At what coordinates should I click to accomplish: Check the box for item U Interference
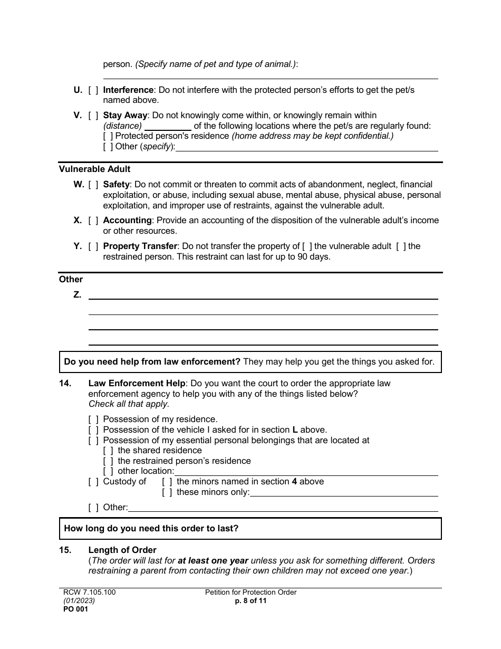(93, 90)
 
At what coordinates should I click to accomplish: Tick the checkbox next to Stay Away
(93, 116)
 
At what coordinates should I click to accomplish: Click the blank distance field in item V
(168, 126)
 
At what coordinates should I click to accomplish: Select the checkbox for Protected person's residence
(108, 136)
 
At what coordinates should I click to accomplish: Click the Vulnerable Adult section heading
(94, 169)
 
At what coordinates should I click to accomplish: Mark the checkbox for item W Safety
(93, 185)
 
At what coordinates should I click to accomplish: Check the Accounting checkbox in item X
(93, 221)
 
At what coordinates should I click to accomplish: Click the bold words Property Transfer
(140, 246)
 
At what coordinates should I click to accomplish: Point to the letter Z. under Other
(77, 295)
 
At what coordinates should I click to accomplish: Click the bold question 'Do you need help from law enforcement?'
(152, 362)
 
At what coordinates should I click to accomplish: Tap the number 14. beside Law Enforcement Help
(65, 384)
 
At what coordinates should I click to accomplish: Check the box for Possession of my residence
(93, 419)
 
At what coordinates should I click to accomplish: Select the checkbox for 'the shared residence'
(108, 451)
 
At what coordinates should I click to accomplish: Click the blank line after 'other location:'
(306, 471)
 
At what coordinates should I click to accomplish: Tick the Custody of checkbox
(93, 482)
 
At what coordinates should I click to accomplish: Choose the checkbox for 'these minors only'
(167, 492)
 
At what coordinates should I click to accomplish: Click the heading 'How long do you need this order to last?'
(151, 528)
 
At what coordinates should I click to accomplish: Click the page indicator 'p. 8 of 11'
(250, 601)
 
